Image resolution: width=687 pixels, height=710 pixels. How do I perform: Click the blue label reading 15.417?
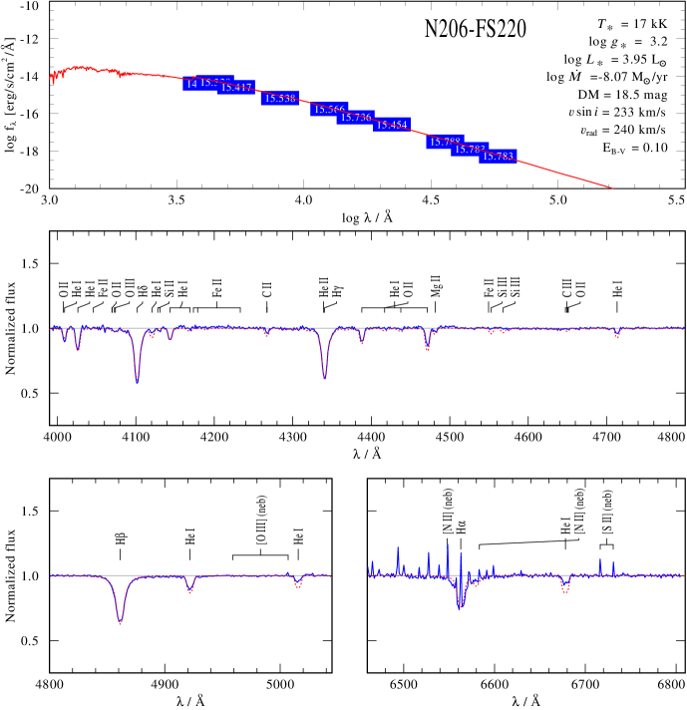[236, 88]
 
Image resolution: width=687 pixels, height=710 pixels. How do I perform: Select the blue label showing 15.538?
[280, 98]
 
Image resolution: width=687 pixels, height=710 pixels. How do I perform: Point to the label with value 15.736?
[356, 118]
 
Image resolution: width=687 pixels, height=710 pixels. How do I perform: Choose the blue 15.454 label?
[393, 125]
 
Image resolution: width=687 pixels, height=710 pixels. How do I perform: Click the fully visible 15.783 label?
[499, 157]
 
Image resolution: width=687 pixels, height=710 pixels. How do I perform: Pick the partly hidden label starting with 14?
[190, 84]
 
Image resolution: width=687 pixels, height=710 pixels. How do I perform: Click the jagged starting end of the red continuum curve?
[52, 78]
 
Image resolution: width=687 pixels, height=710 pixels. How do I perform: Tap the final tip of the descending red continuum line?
[612, 187]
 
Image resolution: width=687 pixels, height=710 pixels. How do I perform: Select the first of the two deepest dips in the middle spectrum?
[137, 379]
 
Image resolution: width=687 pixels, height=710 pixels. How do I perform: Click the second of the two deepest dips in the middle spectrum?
[324, 377]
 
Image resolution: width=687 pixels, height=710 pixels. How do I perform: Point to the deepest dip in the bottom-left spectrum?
[121, 621]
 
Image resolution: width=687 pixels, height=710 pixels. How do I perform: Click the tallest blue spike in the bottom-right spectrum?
[448, 545]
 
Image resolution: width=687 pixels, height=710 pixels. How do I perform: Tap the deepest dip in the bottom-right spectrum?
[460, 604]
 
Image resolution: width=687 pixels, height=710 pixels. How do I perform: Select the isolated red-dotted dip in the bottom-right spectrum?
[565, 590]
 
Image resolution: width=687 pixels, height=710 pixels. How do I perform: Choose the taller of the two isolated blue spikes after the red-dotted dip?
[600, 559]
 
